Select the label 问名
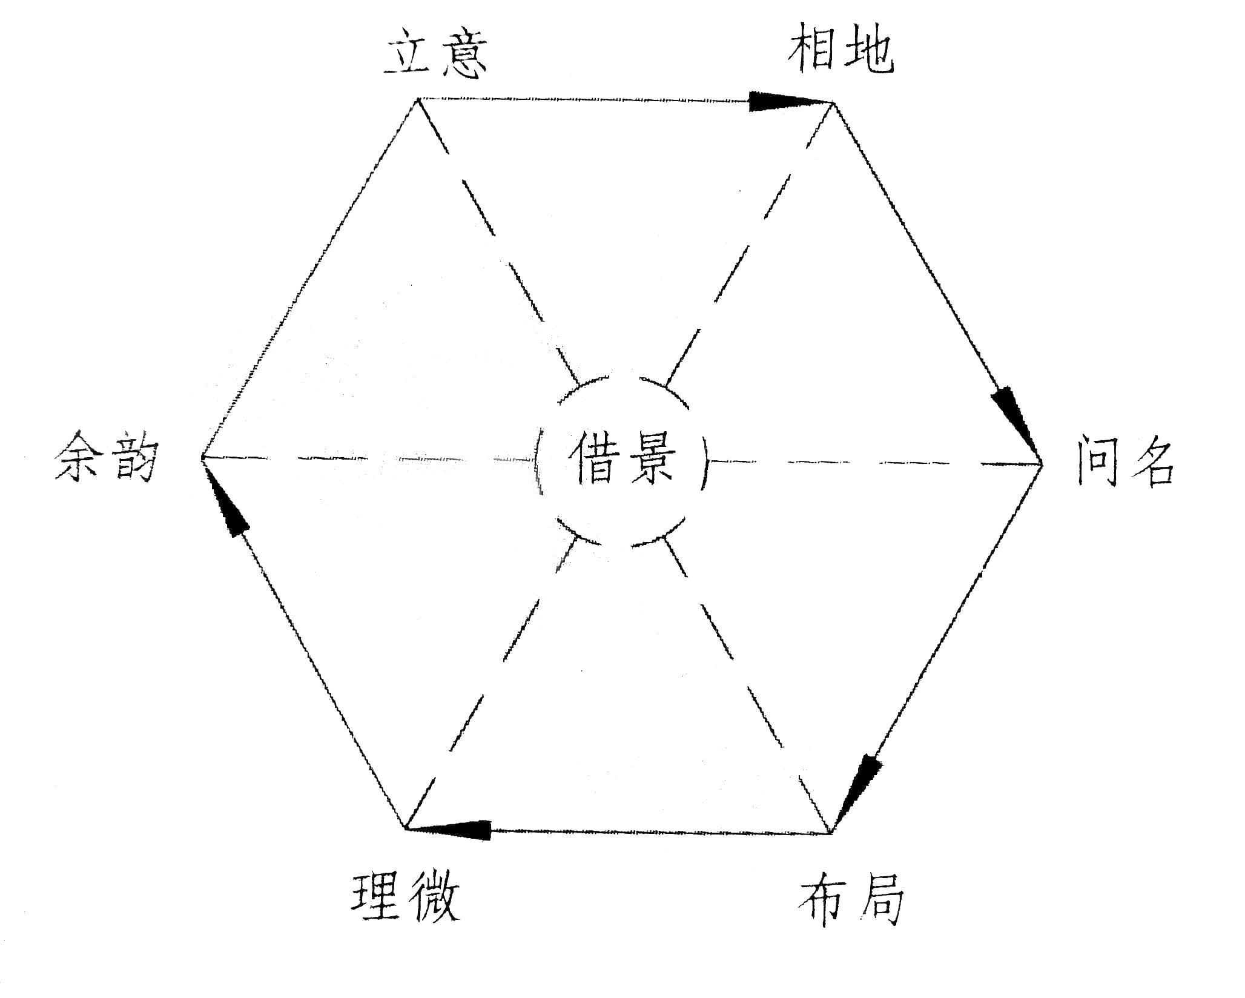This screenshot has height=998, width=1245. point(1125,463)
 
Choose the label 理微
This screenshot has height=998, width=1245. point(405,897)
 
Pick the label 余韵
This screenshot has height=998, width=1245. point(107,457)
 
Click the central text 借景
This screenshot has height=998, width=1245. point(622,458)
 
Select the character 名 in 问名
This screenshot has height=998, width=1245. point(1151,463)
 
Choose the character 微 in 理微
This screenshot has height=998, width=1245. point(432,897)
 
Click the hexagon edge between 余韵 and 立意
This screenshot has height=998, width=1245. point(309,279)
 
